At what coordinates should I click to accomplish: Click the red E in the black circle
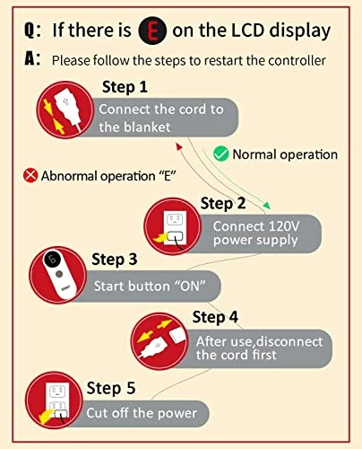coord(152,31)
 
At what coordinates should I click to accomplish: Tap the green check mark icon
coord(221,154)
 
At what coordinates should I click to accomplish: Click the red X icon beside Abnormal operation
coord(30,175)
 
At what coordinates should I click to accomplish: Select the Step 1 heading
coord(125,87)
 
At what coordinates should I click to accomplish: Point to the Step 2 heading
coord(223,203)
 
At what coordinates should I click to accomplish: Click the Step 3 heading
coord(115,260)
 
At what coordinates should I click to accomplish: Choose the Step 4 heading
coord(215,317)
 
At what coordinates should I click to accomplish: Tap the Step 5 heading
coord(111,388)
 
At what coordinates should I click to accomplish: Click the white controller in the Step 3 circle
coord(60,274)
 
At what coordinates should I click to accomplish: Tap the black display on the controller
coord(52,259)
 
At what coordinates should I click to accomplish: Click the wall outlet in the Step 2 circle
coord(175,228)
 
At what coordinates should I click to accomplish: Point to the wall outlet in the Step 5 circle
coord(57,400)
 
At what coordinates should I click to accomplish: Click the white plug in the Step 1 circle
coord(67,109)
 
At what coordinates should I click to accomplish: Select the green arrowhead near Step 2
coord(267,206)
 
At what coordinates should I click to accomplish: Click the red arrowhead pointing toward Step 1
coord(178,146)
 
